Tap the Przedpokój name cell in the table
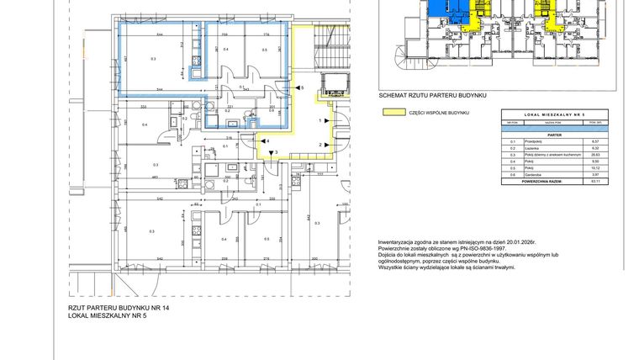click(531, 140)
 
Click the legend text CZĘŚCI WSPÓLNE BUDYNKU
click(438, 113)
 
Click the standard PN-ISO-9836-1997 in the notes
click(465, 248)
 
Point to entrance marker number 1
click(320, 122)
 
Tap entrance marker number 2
click(320, 145)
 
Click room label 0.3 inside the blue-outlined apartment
click(153, 60)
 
